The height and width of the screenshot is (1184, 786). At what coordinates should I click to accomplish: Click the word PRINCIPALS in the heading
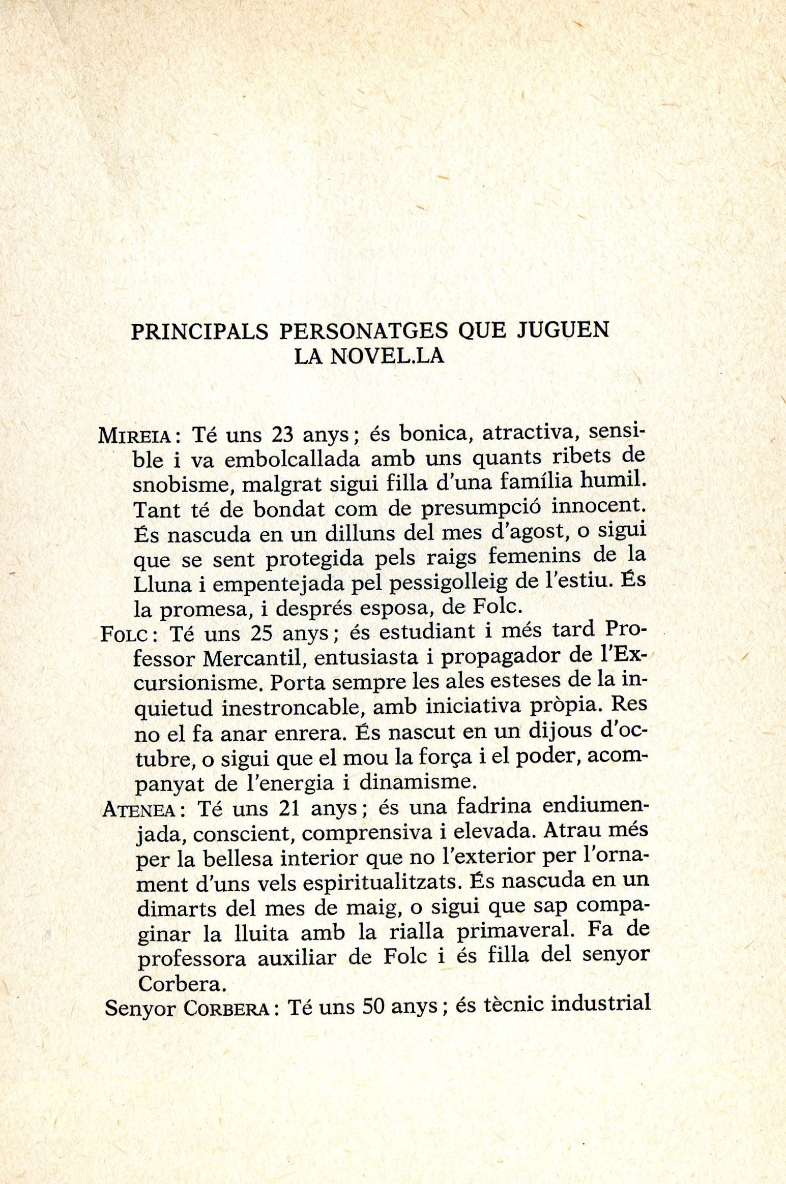tap(200, 331)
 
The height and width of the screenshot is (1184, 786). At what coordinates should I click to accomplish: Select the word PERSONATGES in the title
tap(364, 331)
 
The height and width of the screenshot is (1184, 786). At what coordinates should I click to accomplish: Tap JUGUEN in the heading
tap(563, 330)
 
